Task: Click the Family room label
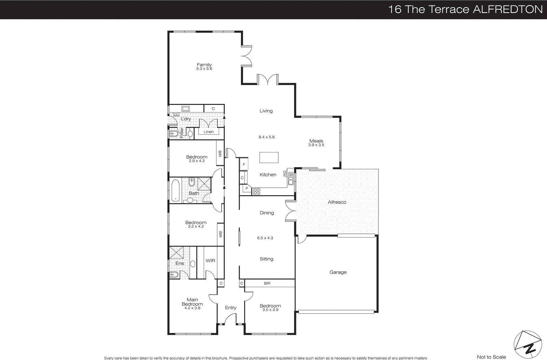(x=204, y=65)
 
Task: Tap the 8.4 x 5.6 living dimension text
(x=266, y=137)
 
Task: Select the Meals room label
(x=316, y=141)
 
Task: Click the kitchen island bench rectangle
(x=269, y=157)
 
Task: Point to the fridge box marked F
(x=244, y=164)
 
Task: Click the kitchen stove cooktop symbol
(x=256, y=191)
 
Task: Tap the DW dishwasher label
(x=284, y=174)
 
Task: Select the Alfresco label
(x=337, y=202)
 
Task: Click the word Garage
(x=338, y=272)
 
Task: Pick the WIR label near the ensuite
(x=210, y=261)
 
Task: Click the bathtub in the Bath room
(x=175, y=190)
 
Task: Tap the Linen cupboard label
(x=209, y=132)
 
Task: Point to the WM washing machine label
(x=176, y=116)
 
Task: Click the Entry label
(x=230, y=308)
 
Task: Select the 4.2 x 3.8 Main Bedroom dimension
(x=192, y=308)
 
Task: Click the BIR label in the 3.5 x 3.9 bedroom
(x=267, y=283)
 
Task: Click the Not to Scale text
(x=491, y=357)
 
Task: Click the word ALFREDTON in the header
(x=508, y=9)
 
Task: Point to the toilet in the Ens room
(x=173, y=274)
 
